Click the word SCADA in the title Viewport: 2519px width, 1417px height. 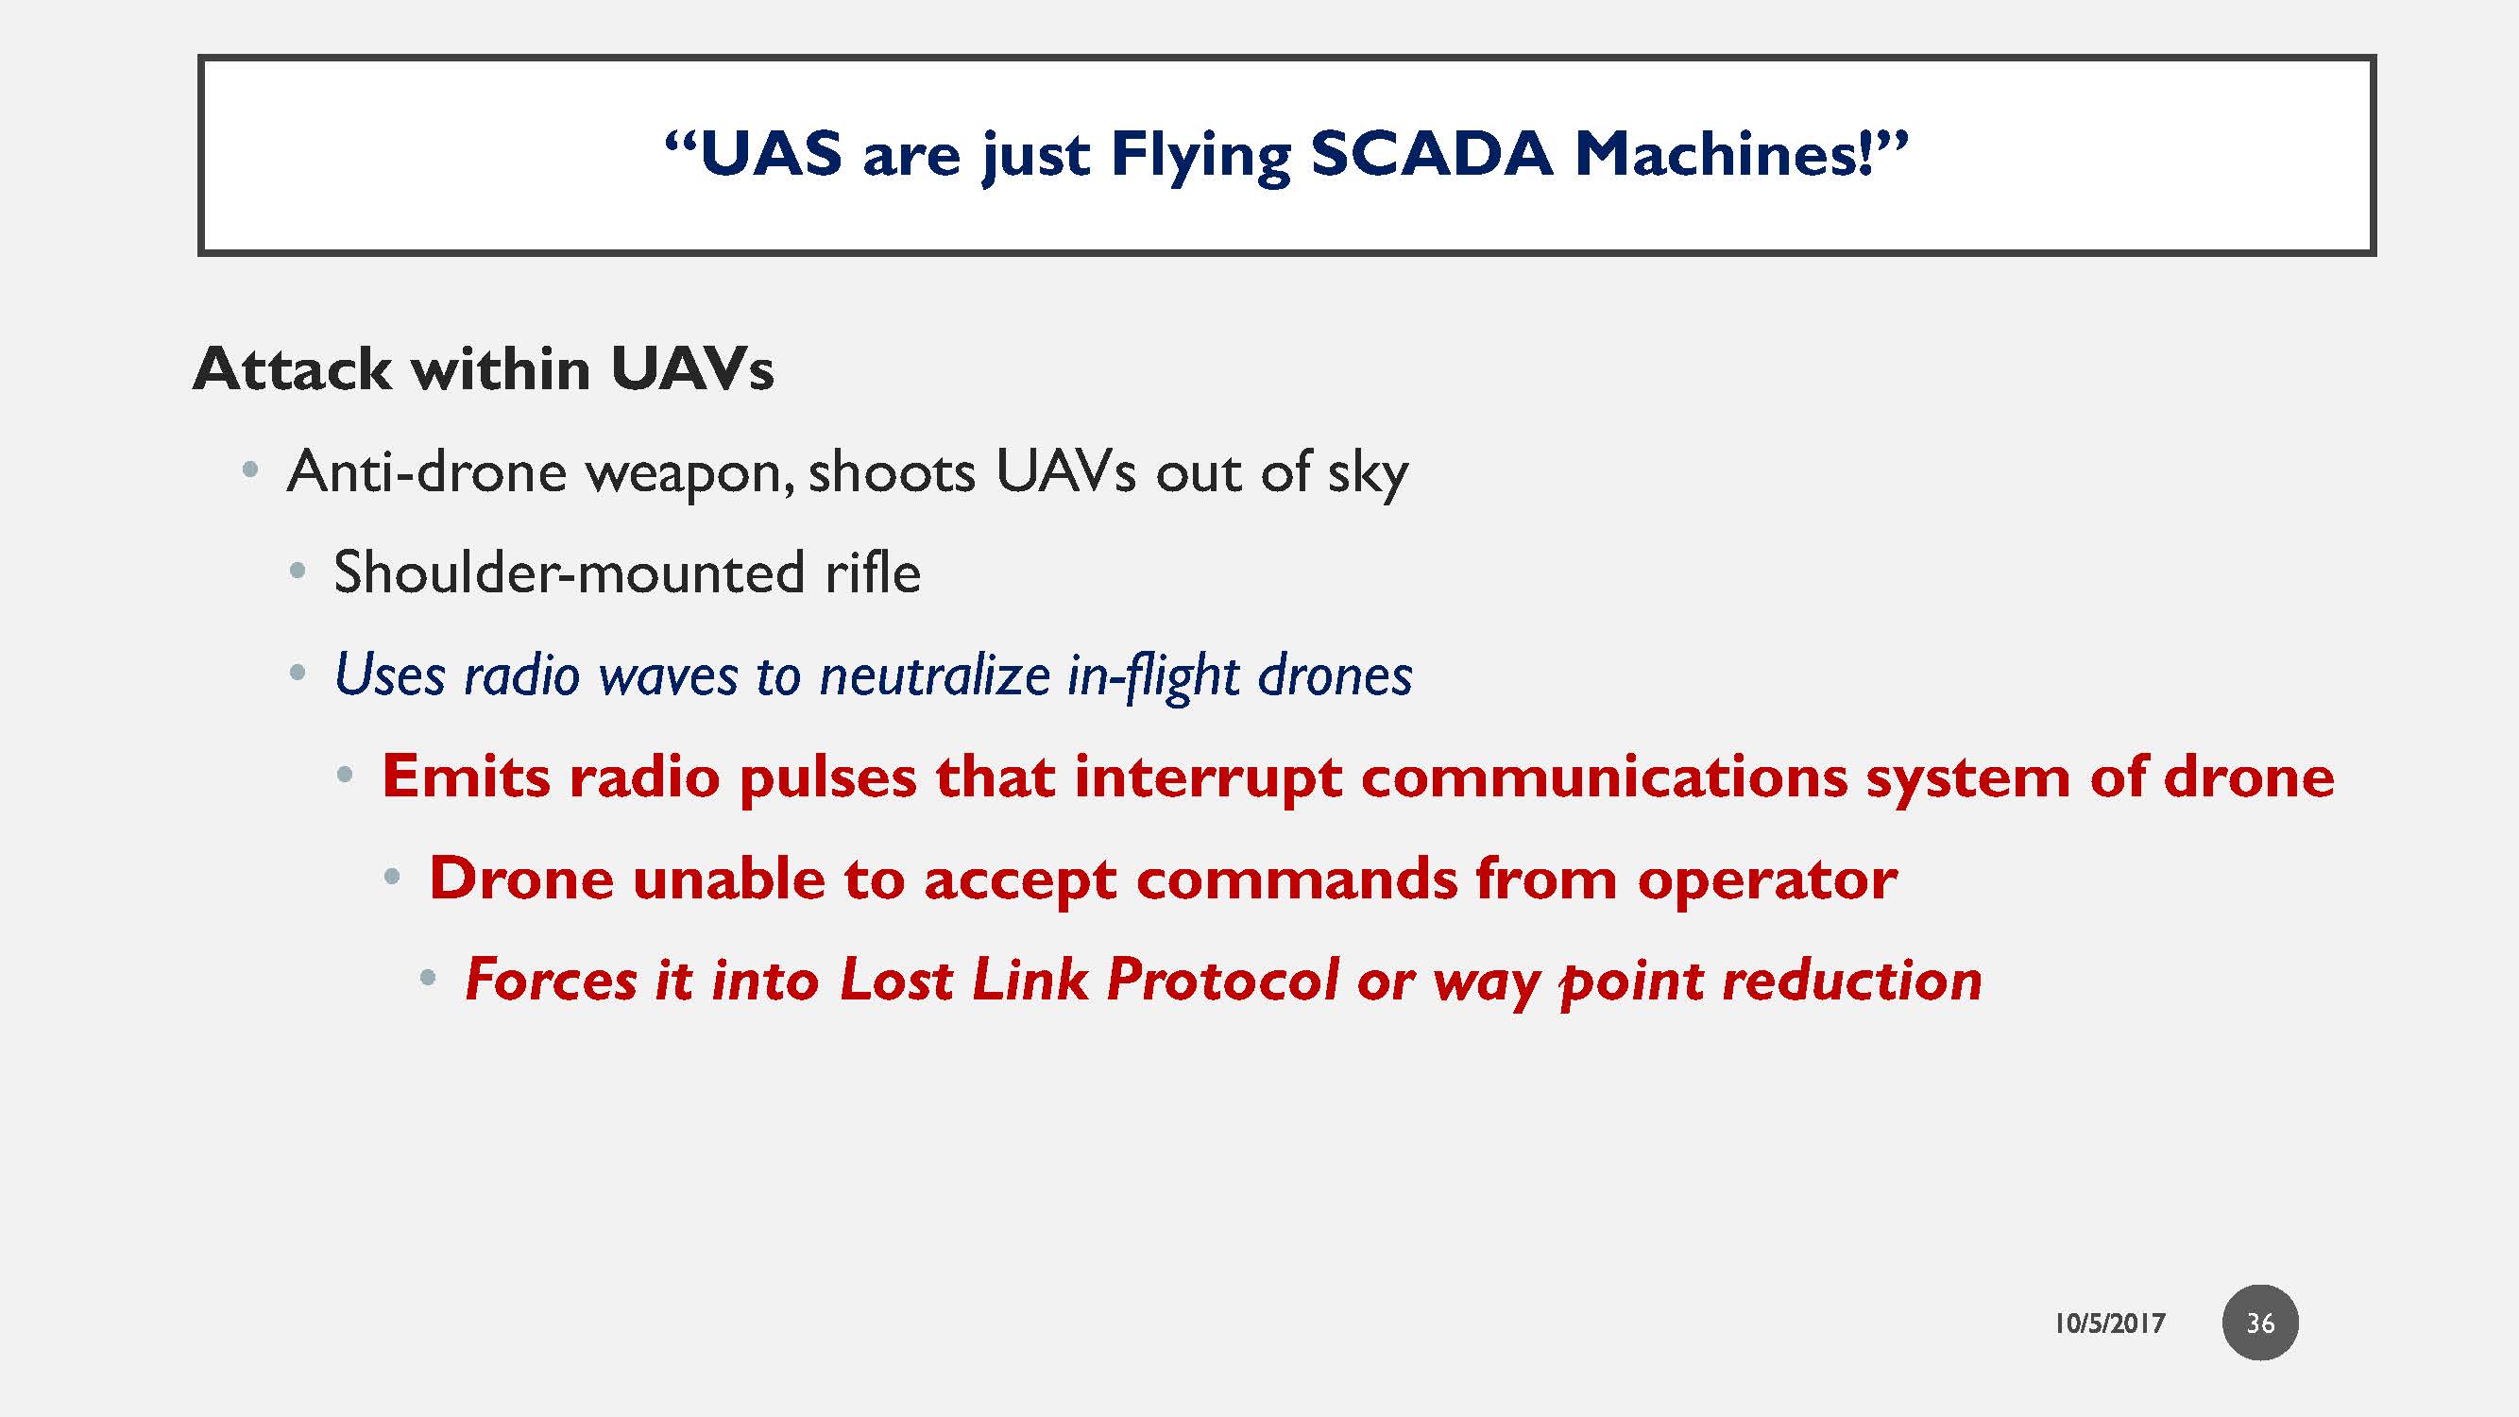[x=1432, y=156]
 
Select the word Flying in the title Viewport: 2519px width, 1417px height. [x=1200, y=158]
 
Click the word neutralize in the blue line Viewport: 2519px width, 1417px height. [x=935, y=674]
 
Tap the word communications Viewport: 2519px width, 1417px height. [x=1604, y=777]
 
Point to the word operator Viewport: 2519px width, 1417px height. [x=1768, y=880]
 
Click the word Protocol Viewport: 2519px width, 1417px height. [x=1222, y=980]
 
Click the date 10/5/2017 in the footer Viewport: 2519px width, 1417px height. [x=2109, y=1323]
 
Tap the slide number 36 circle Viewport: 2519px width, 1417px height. [x=2260, y=1323]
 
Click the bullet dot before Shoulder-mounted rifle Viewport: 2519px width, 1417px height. [x=298, y=572]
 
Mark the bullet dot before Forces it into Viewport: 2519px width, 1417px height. [x=427, y=977]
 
